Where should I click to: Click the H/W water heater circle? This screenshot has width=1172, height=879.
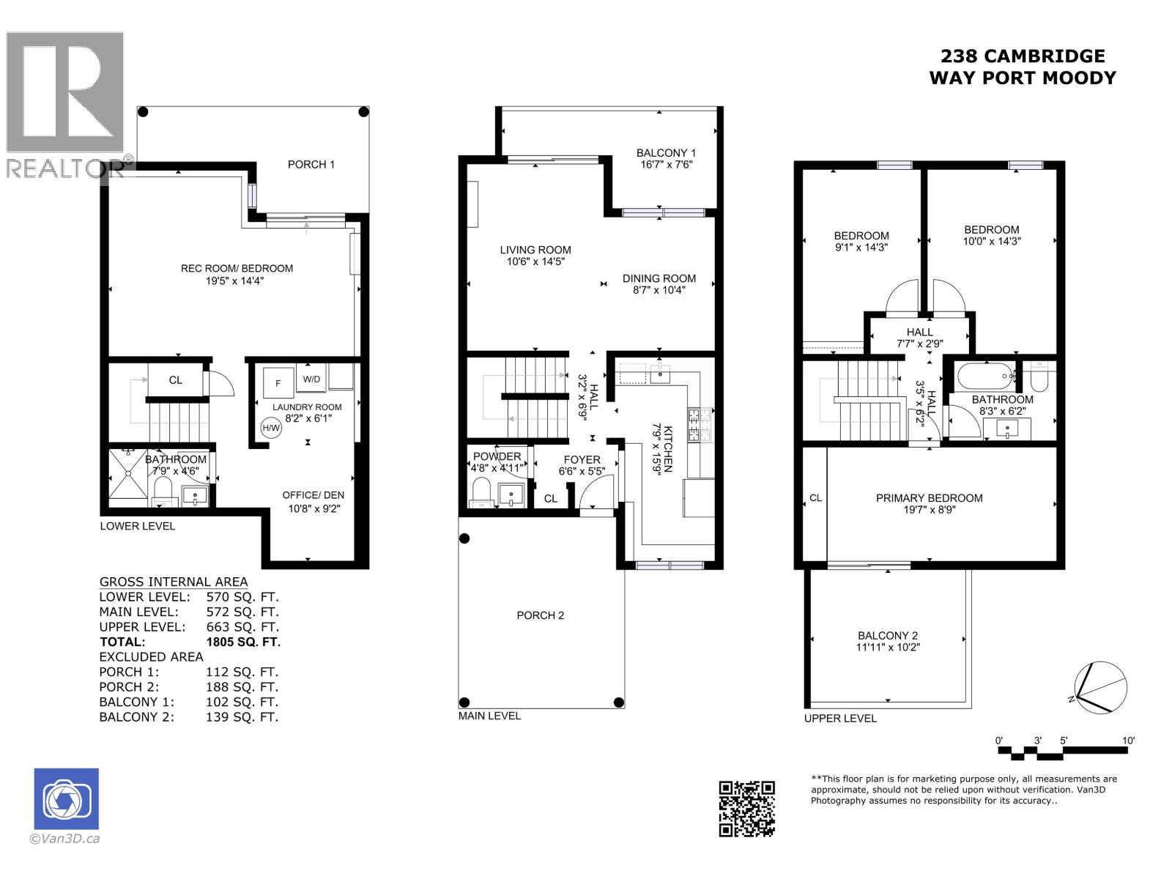(271, 428)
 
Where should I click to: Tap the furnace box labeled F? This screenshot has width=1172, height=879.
(278, 382)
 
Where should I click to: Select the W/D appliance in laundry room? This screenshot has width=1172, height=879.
(311, 379)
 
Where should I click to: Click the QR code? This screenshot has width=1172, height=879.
(746, 808)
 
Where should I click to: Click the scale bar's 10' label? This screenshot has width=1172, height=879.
(1128, 741)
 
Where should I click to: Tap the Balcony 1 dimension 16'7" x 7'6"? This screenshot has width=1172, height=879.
(666, 165)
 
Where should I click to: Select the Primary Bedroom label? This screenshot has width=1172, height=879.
(929, 498)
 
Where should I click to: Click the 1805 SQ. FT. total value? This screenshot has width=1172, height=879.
(243, 642)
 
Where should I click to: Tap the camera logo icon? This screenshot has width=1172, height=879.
(66, 798)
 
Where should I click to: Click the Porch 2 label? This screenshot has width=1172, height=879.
(541, 615)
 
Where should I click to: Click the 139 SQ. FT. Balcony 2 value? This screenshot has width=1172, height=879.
(242, 717)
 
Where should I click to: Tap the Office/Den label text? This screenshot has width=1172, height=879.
(314, 495)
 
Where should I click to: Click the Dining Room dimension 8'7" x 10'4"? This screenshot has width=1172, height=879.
(659, 290)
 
